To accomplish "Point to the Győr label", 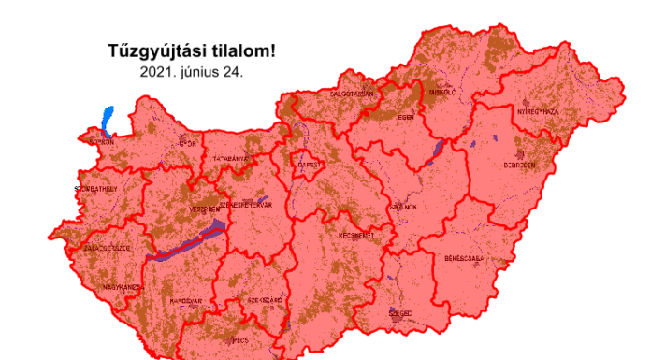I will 187,144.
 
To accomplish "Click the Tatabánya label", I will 231,159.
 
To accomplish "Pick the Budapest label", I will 308,165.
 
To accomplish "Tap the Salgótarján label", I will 352,94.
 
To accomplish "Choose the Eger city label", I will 405,118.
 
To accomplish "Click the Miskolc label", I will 441,93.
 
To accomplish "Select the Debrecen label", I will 521,165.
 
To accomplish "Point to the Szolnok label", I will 402,206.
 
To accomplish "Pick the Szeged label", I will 399,314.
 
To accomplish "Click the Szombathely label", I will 96,189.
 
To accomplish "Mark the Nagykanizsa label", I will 123,287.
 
